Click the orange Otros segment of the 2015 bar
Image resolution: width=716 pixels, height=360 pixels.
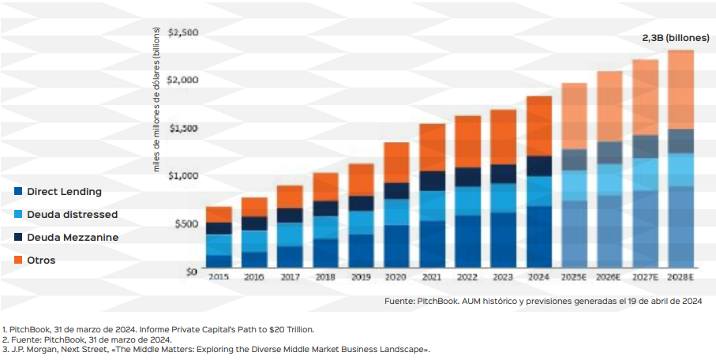click(219, 214)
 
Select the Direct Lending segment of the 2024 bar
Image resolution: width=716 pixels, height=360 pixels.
click(539, 237)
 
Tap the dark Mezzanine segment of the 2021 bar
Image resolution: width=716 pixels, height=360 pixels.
click(432, 181)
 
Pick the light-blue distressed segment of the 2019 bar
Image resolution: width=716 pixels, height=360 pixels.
click(361, 222)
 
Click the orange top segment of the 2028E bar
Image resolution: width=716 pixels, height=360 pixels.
click(680, 89)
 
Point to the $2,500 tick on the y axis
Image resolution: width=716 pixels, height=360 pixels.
click(182, 32)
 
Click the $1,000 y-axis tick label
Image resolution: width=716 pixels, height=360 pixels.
click(182, 175)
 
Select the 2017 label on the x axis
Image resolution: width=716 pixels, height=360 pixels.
click(290, 278)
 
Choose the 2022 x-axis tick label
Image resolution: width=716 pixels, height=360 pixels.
click(467, 278)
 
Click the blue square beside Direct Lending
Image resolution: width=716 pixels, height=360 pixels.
click(17, 192)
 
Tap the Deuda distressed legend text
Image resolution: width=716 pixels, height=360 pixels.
click(72, 215)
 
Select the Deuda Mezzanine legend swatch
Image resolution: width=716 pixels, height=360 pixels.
click(17, 237)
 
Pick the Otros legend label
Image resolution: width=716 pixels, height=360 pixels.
click(41, 260)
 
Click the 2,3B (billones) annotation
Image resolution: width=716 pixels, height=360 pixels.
click(675, 38)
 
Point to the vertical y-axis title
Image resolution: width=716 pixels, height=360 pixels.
click(156, 103)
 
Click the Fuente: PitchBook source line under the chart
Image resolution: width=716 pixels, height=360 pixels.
click(542, 301)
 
